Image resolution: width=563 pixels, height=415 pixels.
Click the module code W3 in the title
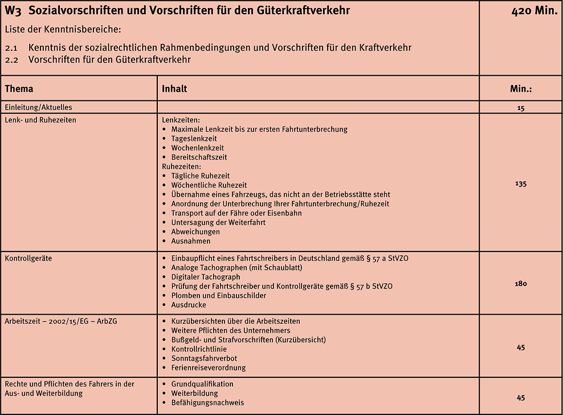[x=13, y=10]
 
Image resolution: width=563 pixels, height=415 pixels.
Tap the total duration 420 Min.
[x=534, y=10]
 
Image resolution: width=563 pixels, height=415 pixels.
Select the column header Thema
[x=19, y=89]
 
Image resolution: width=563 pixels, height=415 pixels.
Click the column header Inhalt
[x=174, y=89]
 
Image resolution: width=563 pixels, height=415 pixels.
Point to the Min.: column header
[x=521, y=89]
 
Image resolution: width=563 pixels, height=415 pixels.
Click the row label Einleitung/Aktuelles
[x=38, y=107]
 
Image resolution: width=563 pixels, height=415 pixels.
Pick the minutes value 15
[x=521, y=107]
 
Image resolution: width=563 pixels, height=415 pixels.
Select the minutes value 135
[x=521, y=184]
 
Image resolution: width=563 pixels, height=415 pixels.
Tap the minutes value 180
[x=521, y=283]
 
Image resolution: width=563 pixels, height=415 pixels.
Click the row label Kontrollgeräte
[x=28, y=258]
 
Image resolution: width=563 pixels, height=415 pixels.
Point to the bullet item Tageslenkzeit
[x=194, y=139]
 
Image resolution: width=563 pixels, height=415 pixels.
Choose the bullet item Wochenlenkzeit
[x=197, y=148]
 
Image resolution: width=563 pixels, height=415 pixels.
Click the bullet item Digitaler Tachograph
[x=206, y=277]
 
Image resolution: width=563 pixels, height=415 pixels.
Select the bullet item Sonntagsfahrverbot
[x=204, y=358]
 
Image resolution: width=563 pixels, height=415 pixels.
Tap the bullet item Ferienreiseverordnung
[x=209, y=368]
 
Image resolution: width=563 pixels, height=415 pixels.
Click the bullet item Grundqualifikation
[x=202, y=384]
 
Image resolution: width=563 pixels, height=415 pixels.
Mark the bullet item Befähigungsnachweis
[x=207, y=402]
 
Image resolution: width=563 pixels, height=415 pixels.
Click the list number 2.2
[x=12, y=59]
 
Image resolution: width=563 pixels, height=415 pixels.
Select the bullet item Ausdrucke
[x=189, y=304]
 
